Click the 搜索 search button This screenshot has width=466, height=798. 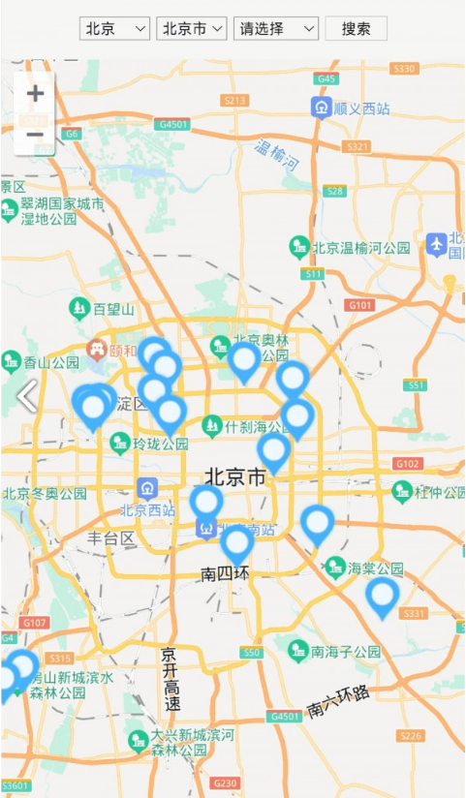pyautogui.click(x=356, y=28)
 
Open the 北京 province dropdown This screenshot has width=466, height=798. pyautogui.click(x=114, y=28)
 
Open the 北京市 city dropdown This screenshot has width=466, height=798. pyautogui.click(x=191, y=28)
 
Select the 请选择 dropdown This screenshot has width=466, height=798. pyautogui.click(x=276, y=28)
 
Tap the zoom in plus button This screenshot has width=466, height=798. pyautogui.click(x=35, y=94)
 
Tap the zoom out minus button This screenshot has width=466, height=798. pyautogui.click(x=35, y=135)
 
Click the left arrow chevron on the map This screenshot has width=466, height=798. pyautogui.click(x=27, y=395)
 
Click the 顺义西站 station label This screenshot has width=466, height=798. pyautogui.click(x=360, y=108)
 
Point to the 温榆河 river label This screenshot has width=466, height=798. pyautogui.click(x=277, y=154)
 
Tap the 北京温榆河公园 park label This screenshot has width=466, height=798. pyautogui.click(x=360, y=248)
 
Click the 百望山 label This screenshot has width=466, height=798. pyautogui.click(x=112, y=310)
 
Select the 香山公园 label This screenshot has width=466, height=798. pyautogui.click(x=50, y=363)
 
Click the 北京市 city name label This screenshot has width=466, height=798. pyautogui.click(x=235, y=477)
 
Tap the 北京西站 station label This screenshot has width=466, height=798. pyautogui.click(x=147, y=509)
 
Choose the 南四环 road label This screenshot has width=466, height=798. pyautogui.click(x=226, y=573)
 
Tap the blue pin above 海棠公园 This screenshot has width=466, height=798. pyautogui.click(x=318, y=523)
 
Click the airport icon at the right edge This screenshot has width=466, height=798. pyautogui.click(x=437, y=244)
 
